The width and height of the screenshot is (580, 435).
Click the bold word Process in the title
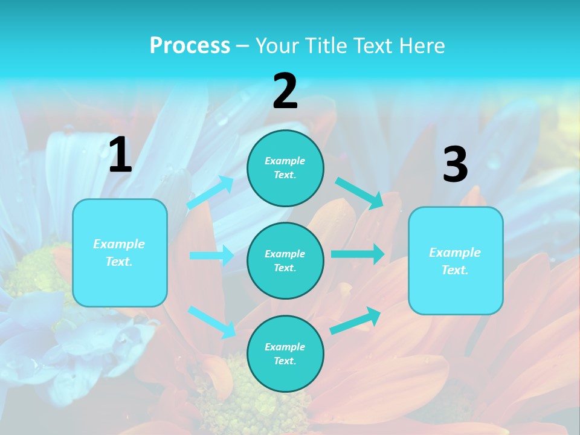pos(190,46)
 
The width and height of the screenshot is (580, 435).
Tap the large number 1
pos(120,156)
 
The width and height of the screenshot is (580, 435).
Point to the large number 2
pos(285,92)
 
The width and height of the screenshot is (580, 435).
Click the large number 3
pos(455,166)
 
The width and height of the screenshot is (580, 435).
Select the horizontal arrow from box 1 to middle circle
pos(211,256)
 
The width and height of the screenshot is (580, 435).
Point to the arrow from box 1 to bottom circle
pos(211,321)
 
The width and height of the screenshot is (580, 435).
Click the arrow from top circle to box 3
pos(359,193)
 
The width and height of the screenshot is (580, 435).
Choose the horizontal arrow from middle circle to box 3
pos(357,254)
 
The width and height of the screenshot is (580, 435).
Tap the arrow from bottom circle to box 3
pos(355,320)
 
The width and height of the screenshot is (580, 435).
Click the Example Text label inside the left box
pos(119,253)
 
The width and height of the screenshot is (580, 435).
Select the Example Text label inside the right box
pos(455,261)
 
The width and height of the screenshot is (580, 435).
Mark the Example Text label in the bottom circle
pos(285,354)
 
